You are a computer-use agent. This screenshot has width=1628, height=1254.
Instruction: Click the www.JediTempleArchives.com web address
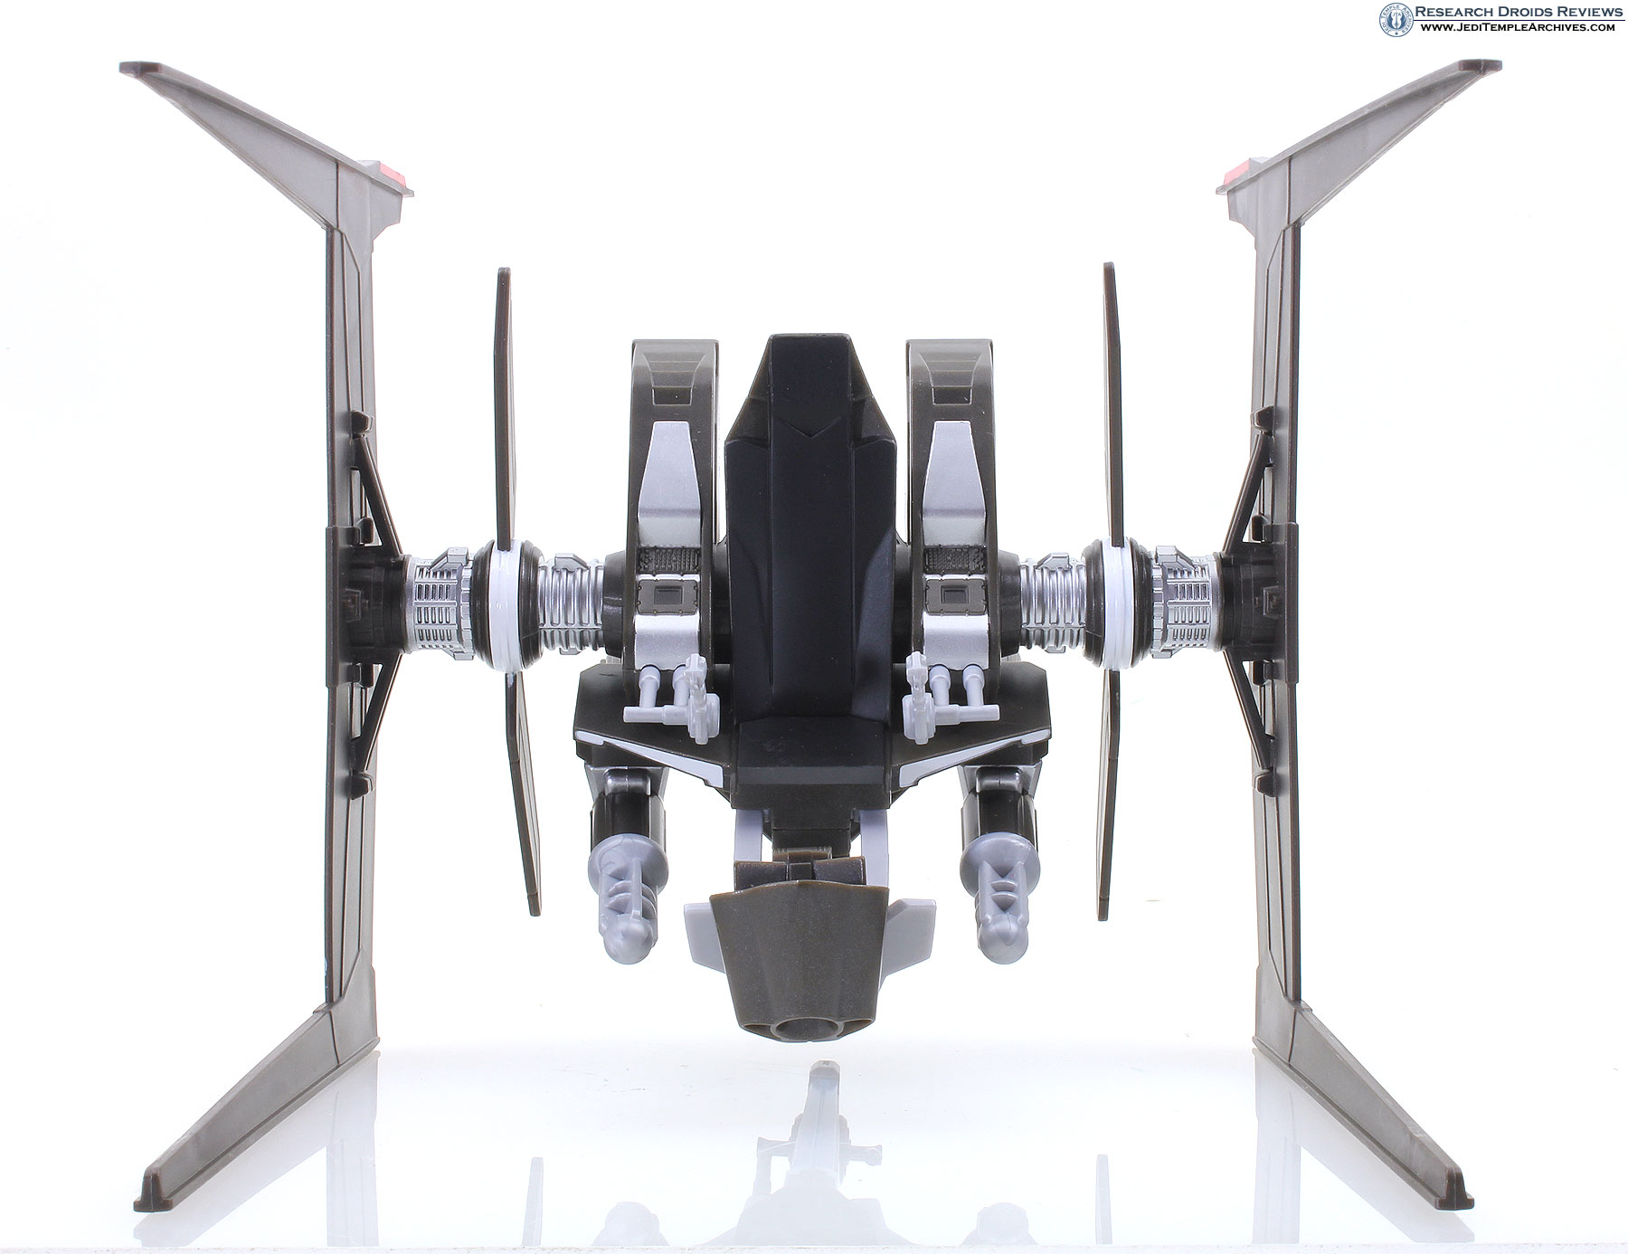pos(1514,28)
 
